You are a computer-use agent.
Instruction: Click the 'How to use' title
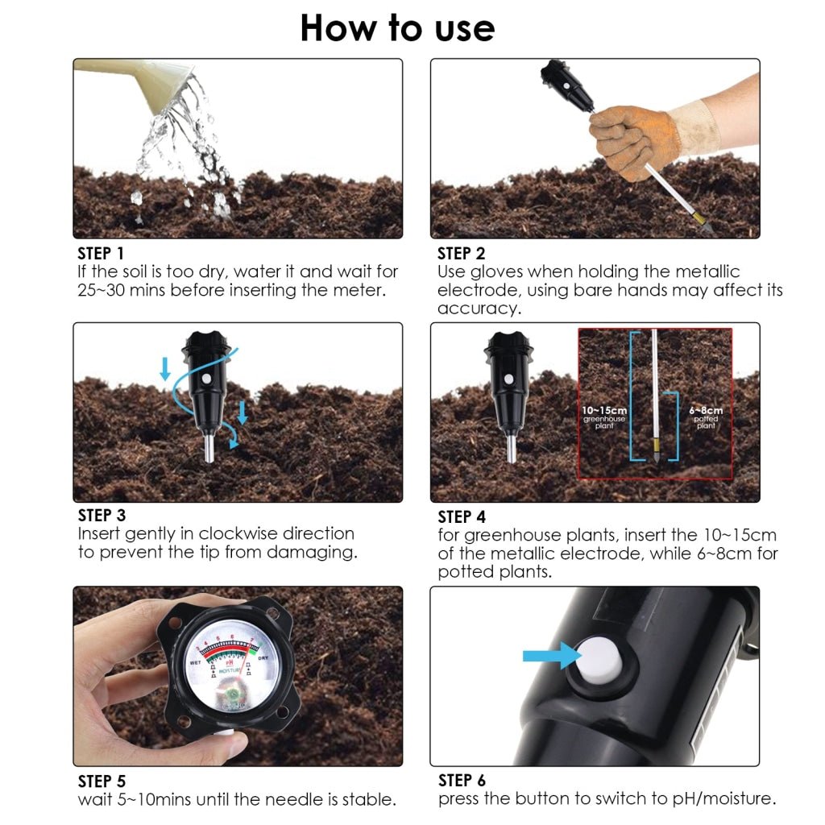click(x=397, y=27)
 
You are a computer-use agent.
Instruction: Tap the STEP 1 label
click(x=101, y=254)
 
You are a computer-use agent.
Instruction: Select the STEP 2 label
click(x=461, y=254)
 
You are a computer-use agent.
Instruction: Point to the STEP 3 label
click(x=102, y=515)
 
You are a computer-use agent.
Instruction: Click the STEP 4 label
click(x=462, y=516)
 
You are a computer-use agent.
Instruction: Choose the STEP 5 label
click(x=102, y=781)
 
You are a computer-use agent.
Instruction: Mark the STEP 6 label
click(x=462, y=781)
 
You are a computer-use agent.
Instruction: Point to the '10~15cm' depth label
click(x=604, y=411)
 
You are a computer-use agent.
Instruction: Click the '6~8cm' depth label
click(x=706, y=411)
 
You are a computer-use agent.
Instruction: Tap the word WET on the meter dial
click(x=195, y=662)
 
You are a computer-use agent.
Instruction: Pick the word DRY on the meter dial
click(x=263, y=658)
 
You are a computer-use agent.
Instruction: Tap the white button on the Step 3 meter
click(x=206, y=378)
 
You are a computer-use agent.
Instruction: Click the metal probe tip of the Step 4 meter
click(x=511, y=448)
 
